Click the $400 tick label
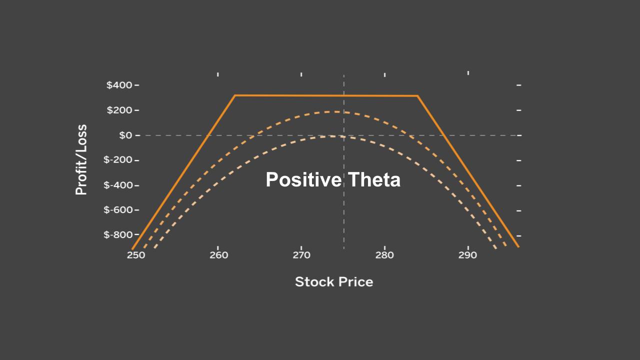point(119,85)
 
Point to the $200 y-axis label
point(119,110)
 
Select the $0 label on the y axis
point(125,135)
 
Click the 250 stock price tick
point(135,255)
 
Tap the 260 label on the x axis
point(218,255)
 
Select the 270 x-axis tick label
point(301,255)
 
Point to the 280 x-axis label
point(384,255)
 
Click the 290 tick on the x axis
point(468,255)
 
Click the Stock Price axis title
point(334,282)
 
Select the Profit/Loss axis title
point(81,160)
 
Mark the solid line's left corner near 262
point(235,95)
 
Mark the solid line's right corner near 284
point(417,95)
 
